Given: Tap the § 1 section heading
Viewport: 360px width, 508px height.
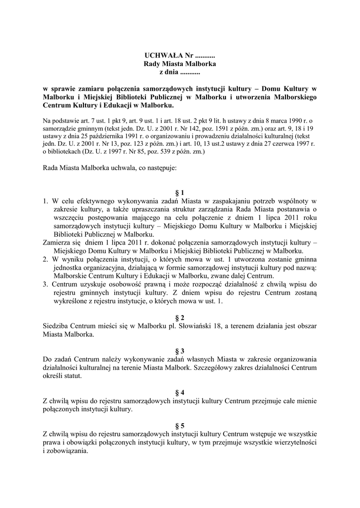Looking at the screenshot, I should (180, 192).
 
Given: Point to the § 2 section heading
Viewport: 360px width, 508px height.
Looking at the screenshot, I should (180, 317).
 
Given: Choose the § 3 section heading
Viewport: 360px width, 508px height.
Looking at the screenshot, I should (180, 350).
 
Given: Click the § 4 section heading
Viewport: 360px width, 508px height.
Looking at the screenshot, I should (180, 392).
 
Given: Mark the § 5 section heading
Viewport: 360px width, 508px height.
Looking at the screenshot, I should (180, 425).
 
